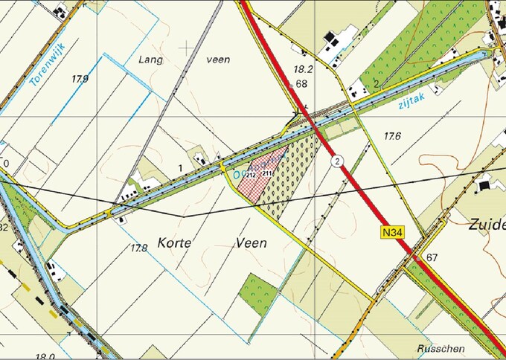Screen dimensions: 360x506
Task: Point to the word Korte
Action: coord(176,242)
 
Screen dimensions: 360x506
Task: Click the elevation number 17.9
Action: coord(80,78)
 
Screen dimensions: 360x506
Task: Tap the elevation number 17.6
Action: coord(392,136)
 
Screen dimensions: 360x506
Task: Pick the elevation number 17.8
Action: coord(139,247)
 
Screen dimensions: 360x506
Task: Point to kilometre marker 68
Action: coord(301,84)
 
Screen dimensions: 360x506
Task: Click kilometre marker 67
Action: coord(433,257)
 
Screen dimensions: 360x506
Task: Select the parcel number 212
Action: coord(251,175)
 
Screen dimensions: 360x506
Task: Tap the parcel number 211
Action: coord(267,173)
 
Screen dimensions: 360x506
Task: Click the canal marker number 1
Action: coord(181,168)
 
